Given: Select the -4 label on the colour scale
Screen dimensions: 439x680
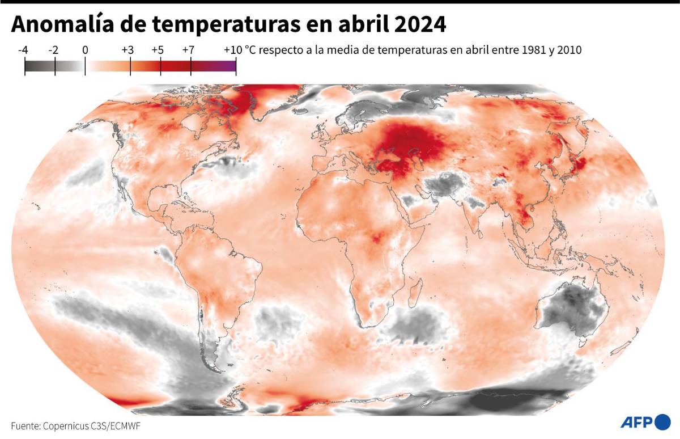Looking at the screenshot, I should [23, 50].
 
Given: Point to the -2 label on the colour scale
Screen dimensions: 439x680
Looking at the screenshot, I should [54, 50].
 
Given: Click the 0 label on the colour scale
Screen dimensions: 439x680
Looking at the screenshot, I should [85, 50].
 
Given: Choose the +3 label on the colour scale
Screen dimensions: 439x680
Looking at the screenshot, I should [127, 50].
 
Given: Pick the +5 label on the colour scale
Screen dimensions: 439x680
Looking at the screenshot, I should [158, 50].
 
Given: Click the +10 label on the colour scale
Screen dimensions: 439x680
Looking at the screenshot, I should [233, 50].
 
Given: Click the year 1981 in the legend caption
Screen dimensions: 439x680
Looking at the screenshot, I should [518, 50].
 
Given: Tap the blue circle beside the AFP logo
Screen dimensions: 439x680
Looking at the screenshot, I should [662, 422].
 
